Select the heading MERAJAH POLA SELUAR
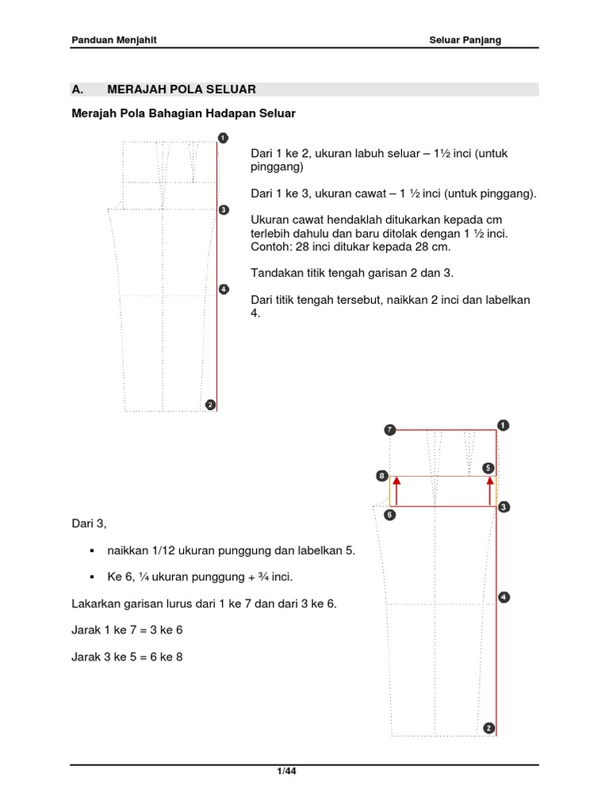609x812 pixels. point(182,89)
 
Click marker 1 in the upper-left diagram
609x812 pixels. point(224,138)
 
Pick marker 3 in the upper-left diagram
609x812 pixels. point(224,210)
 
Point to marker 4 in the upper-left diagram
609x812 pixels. point(224,289)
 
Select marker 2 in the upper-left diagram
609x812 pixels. point(210,404)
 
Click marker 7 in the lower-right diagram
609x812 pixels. point(389,430)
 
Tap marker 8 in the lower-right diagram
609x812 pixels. point(382,477)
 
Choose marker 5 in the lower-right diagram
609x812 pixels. point(488,469)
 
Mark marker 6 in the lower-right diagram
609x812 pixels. point(389,514)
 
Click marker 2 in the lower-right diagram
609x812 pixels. point(488,728)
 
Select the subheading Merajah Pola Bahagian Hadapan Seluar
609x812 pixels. point(183,113)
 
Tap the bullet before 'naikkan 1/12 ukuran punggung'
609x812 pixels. point(92,550)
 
